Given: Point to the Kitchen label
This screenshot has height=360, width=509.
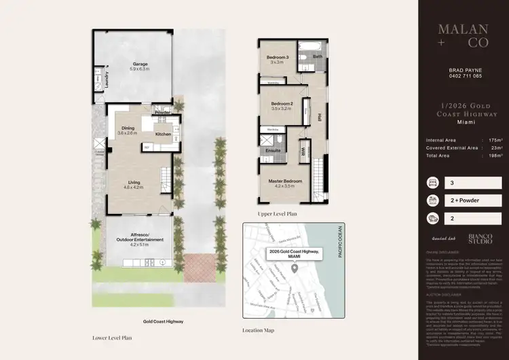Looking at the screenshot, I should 163,134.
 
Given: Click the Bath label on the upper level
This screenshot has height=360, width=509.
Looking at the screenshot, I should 317,57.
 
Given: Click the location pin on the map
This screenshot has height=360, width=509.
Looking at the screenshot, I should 295,269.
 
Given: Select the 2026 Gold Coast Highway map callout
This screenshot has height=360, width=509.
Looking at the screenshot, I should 295,254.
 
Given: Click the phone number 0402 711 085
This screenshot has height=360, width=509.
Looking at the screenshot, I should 466,76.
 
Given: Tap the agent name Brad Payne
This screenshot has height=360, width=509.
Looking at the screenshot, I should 466,69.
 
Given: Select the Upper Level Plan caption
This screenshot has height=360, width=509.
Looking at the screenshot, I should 278,213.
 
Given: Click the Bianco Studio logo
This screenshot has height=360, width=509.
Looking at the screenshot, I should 480,239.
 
